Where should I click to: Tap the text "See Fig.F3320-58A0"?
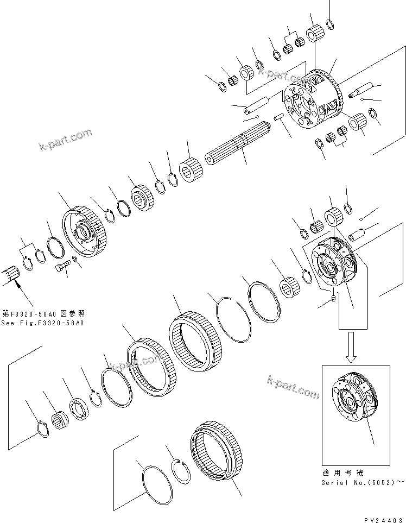pos(43,323)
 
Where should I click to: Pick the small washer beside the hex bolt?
pos(75,263)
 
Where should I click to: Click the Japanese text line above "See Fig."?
pos(43,314)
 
